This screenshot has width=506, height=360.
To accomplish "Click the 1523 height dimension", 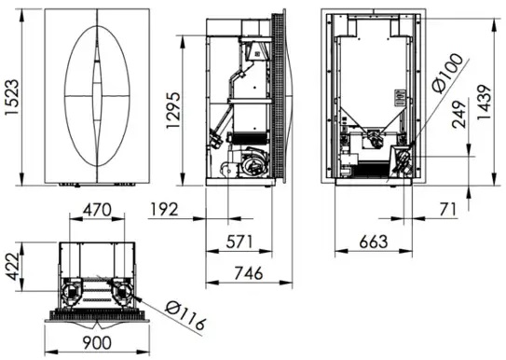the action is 13,97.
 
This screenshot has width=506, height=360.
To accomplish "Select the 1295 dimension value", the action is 172,110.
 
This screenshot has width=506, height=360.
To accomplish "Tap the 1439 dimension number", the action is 484,103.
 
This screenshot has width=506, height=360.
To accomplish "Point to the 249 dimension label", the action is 458,115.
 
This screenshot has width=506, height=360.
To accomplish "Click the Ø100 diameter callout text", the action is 447,74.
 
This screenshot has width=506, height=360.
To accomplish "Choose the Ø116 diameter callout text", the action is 185,316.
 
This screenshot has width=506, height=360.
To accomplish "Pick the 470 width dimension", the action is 97,210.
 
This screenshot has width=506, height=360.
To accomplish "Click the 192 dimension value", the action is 164,210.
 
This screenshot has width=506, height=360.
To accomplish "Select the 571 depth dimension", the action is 239,242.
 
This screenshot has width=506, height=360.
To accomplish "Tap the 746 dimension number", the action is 249,273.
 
